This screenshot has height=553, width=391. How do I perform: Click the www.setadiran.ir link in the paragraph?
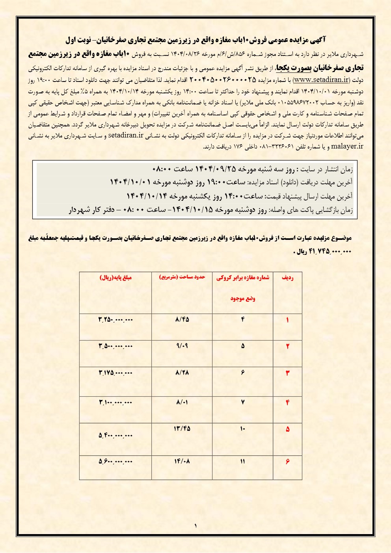[x=322, y=80]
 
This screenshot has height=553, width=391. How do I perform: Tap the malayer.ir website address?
[x=347, y=146]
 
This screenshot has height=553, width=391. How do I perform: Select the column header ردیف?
[x=287, y=278]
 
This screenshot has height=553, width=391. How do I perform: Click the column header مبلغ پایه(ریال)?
[x=115, y=277]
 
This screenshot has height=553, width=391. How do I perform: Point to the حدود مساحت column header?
[x=182, y=277]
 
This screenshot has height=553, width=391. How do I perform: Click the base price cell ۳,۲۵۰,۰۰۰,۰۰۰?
[x=115, y=319]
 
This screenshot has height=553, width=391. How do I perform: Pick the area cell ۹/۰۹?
[x=182, y=346]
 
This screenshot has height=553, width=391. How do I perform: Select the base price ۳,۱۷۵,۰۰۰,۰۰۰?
[x=115, y=373]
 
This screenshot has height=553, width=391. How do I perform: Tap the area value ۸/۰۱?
[x=182, y=403]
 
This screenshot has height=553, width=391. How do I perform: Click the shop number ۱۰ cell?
[x=242, y=429]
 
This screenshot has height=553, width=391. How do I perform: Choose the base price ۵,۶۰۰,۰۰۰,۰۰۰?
[x=115, y=461]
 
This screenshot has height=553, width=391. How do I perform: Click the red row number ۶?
[x=287, y=461]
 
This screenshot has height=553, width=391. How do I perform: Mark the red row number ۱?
[x=287, y=320]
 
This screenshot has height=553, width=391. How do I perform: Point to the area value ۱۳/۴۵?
[x=182, y=429]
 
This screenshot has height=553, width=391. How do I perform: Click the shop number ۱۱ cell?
[x=242, y=461]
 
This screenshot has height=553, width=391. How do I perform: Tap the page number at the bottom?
[x=195, y=525]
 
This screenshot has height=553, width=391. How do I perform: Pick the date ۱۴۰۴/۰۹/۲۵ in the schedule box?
[x=215, y=169]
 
